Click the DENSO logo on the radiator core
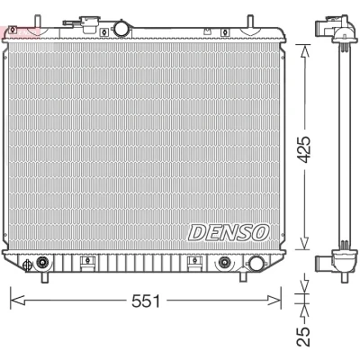229,232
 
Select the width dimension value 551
146,301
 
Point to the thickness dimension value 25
302,336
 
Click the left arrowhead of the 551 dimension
17,300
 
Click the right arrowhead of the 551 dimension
274,300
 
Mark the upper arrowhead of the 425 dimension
305,51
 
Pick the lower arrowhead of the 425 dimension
305,242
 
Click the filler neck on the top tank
88,24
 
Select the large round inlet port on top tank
122,28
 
